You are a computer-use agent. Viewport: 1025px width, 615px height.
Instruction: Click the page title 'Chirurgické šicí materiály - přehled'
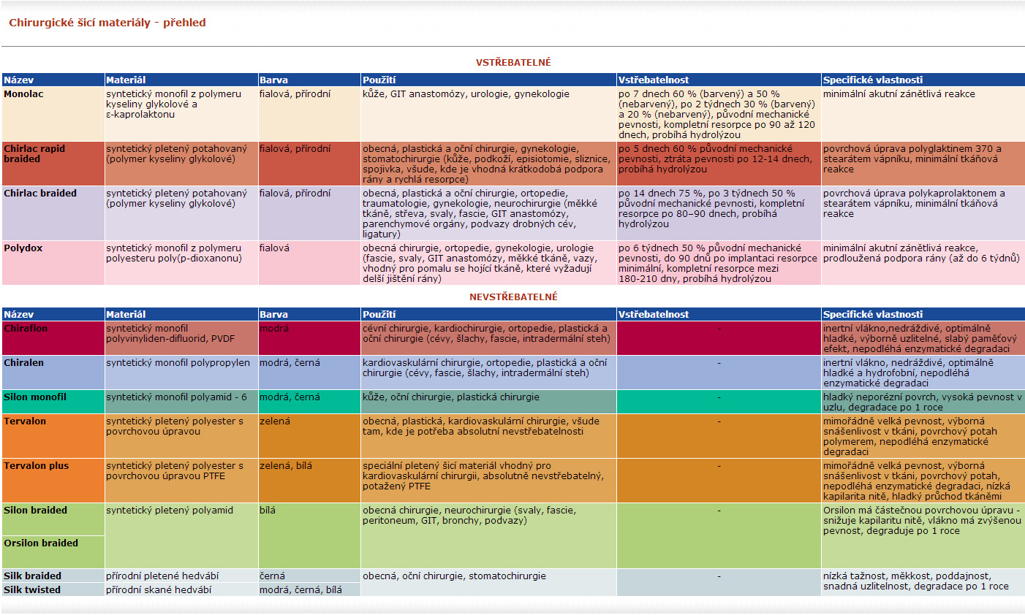(107, 23)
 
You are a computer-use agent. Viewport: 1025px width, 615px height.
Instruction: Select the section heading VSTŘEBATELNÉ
(513, 62)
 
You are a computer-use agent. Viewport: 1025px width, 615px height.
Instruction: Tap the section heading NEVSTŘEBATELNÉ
(513, 297)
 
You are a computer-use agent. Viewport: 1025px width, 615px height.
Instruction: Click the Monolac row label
(23, 94)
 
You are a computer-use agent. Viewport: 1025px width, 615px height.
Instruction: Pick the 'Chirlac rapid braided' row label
(34, 153)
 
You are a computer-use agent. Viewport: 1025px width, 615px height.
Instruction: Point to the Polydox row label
(23, 248)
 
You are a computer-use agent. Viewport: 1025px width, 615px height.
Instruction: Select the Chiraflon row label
(26, 329)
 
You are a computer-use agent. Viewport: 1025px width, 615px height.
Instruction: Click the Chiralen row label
(24, 363)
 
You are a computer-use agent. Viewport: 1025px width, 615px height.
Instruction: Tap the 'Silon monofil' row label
(35, 397)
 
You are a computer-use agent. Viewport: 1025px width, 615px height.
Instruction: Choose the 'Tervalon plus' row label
(37, 466)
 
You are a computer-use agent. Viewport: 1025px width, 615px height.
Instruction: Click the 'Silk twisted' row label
(32, 590)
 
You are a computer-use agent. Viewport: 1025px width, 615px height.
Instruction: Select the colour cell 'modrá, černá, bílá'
(300, 590)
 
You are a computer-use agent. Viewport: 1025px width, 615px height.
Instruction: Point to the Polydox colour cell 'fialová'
(274, 248)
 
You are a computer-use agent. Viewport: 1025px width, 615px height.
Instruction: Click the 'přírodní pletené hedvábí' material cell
(162, 576)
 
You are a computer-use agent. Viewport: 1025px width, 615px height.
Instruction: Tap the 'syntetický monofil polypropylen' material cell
(178, 363)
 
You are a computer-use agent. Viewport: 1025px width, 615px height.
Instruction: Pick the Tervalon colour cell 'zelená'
(275, 421)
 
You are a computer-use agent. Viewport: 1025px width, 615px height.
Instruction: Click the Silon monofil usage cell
(451, 397)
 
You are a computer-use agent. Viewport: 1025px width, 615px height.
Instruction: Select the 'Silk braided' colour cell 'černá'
(273, 576)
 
